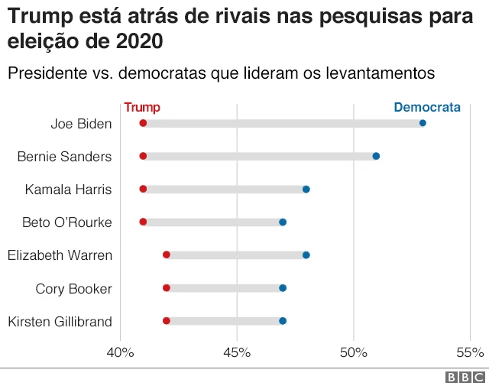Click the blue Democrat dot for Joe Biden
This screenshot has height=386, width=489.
pos(423,123)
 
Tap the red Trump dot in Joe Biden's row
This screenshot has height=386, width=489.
pos(143,123)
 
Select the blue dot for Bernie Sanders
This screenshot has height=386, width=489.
pos(376,156)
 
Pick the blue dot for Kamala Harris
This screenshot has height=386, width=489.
pos(306,189)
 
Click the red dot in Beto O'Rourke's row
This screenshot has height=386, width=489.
pos(143,222)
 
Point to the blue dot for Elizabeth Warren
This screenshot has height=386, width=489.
pos(306,255)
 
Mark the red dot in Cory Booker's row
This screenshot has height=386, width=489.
pos(167,288)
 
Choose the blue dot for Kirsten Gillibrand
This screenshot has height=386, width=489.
pos(283,321)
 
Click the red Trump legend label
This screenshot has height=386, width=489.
pos(142,108)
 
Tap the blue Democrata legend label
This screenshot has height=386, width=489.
pos(427,108)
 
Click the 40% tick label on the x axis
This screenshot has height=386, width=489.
pos(120,352)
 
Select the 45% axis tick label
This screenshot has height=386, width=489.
pos(237,352)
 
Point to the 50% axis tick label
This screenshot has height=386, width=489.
pos(354,352)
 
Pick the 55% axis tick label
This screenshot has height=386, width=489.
pos(470,352)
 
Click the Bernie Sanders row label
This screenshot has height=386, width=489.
pos(64,157)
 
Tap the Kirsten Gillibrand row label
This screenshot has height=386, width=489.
pos(60,322)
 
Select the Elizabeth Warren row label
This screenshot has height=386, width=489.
pos(60,255)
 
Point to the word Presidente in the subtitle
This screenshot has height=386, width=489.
pos(44,73)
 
